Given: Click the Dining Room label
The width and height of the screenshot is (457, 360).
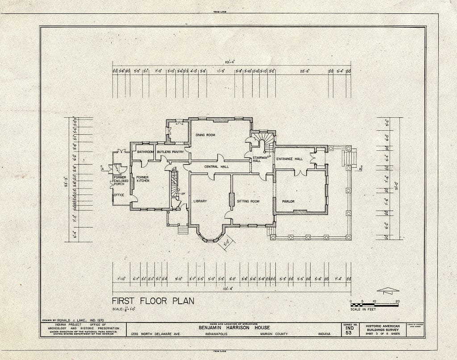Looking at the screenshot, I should click(205, 135).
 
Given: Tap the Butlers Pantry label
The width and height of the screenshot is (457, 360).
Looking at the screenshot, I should click(170, 152).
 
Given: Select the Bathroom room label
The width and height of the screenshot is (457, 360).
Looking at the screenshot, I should click(145, 152).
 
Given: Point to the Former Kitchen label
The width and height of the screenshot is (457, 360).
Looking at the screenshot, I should click(142, 179).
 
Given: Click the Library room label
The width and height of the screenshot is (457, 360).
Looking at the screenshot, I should click(200, 201).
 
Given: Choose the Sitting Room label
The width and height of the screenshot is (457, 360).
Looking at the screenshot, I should click(248, 201).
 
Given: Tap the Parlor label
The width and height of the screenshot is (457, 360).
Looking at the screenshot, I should click(288, 202).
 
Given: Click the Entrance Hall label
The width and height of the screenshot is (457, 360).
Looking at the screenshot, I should click(289, 159).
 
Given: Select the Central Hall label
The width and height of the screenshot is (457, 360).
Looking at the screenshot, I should click(216, 167).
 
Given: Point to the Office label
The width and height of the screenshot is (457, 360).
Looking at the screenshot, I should click(119, 195).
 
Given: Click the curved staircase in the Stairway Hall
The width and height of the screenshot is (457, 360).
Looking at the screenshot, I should click(263, 141).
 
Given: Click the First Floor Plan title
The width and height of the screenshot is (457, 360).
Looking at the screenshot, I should click(153, 301).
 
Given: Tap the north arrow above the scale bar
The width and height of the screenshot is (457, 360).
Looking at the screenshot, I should click(387, 290).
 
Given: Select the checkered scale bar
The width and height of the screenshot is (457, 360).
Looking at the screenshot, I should click(374, 305).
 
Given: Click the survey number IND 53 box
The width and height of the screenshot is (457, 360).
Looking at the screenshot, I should click(349, 330).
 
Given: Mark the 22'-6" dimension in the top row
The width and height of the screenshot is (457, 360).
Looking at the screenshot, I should click(305, 71).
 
